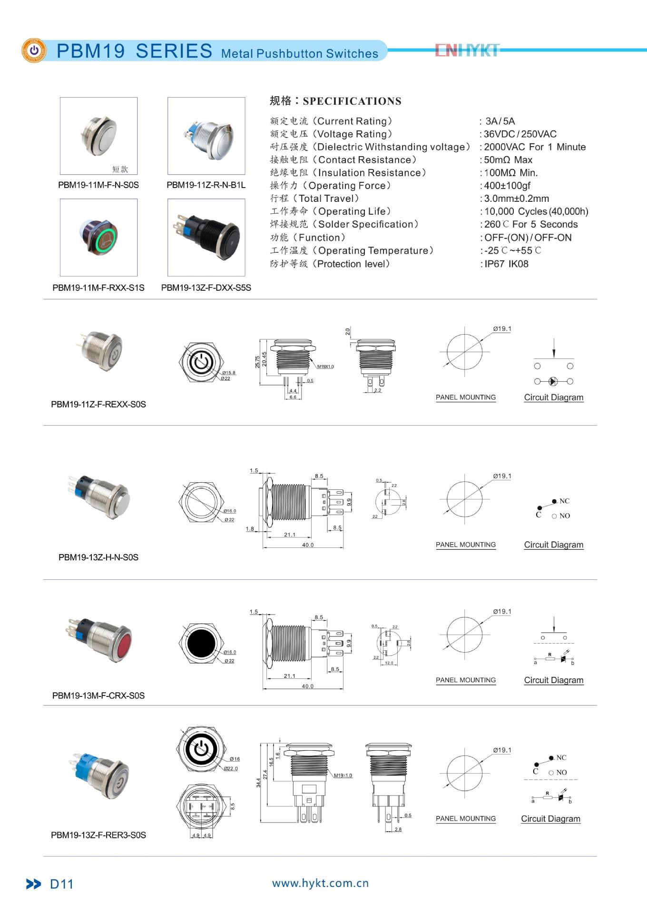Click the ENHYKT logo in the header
coord(467,50)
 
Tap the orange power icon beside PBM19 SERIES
coord(34,50)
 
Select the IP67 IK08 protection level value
coord(506,264)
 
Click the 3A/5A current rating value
coord(500,121)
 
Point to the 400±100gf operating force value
coord(507,186)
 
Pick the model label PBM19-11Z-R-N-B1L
coord(206,185)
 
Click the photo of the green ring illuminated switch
coord(99,237)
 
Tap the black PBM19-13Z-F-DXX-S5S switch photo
coord(206,237)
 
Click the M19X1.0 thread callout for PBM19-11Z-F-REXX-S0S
coord(325,367)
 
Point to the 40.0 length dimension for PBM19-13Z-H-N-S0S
coord(308,545)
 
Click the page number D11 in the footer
coord(61,884)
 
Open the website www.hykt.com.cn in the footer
coord(320,883)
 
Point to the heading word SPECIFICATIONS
coord(352,101)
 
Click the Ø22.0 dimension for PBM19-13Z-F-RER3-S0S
coord(231,768)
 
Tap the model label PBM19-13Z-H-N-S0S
coord(98,557)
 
